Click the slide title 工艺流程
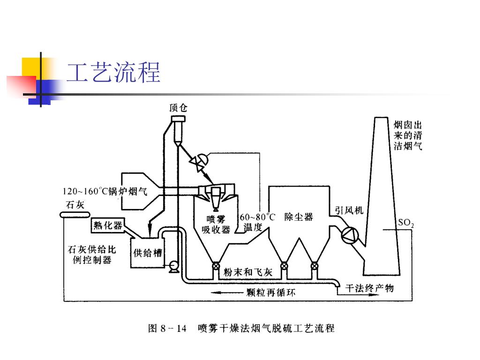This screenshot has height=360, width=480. coord(113,73)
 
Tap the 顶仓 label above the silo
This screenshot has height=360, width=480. coord(178,108)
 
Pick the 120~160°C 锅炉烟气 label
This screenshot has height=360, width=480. coord(105,192)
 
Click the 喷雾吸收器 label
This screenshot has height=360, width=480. coord(216,224)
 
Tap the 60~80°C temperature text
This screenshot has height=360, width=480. coord(257,217)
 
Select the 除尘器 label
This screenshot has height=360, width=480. coord(299,217)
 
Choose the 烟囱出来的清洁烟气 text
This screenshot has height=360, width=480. coord(408,135)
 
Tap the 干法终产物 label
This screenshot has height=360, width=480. coord(369,288)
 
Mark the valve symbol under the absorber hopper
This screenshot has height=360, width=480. coord(216,267)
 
